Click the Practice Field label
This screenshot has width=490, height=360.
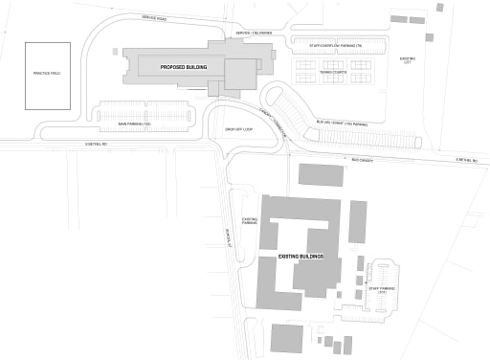pos(46,74)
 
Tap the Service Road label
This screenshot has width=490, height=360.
pos(153,18)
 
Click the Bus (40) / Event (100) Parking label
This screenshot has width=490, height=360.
pos(340,124)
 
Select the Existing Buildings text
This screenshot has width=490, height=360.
pos(301,257)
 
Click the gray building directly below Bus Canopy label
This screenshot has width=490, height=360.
pos(322,174)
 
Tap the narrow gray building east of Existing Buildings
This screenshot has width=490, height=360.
pos(357,221)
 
